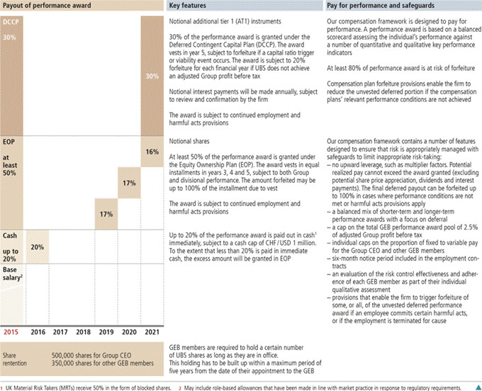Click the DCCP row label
point(11,23)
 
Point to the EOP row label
point(9,142)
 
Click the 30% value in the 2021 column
point(152,76)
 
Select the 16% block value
point(152,152)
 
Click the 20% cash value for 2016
point(38,247)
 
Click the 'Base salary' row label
point(13,273)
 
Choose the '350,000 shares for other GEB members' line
point(101,360)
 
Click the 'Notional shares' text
point(189,142)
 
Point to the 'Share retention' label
point(16,356)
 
